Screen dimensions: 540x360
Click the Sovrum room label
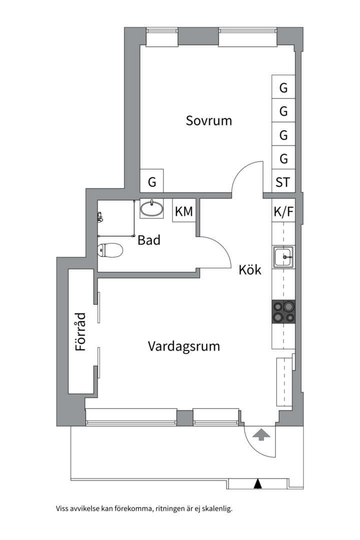[209, 120]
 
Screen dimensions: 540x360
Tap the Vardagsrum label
[184, 346]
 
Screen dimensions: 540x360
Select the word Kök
[250, 270]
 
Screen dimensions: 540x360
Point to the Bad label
[149, 240]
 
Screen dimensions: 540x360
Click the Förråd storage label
[80, 331]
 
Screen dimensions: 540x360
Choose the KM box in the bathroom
[183, 211]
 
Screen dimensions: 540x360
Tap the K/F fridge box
[283, 211]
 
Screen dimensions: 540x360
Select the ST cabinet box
[283, 182]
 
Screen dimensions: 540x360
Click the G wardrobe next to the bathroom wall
[152, 182]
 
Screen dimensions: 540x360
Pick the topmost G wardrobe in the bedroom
[283, 88]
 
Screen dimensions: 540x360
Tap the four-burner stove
[283, 311]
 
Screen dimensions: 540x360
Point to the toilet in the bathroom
[110, 249]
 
